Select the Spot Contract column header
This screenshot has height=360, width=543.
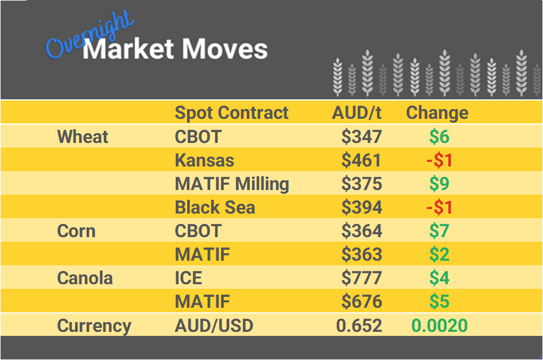coord(231,113)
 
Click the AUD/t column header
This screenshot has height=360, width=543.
coord(356,113)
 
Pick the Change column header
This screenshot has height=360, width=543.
coord(437,113)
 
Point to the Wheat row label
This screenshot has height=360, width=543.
coord(83,137)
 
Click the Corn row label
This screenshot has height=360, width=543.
coord(76,231)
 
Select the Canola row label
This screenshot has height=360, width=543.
coord(85,278)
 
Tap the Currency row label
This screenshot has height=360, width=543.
coord(94,326)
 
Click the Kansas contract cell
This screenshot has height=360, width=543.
coord(204,160)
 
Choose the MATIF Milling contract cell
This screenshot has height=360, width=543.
coord(232,184)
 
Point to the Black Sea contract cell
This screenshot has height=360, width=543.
coord(215,207)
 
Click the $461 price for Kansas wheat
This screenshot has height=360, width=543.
coord(362,160)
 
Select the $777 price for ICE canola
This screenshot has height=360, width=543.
coord(362,278)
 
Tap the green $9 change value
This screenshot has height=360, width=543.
coord(439,184)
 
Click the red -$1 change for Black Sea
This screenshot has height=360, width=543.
coord(439,207)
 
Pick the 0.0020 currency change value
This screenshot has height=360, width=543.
coord(439,326)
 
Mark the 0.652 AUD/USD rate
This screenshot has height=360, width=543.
coord(359,326)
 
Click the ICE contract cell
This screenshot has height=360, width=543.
coord(188,278)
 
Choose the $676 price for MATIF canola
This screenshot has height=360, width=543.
coord(362,301)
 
